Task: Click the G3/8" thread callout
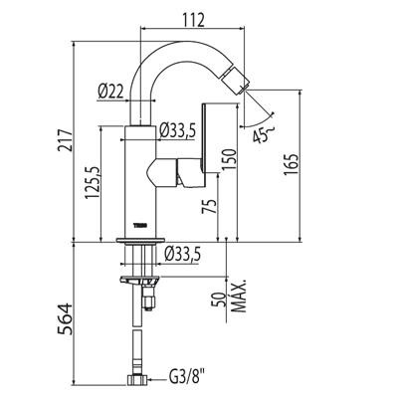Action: [x=184, y=378]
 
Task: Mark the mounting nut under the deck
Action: [x=140, y=282]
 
